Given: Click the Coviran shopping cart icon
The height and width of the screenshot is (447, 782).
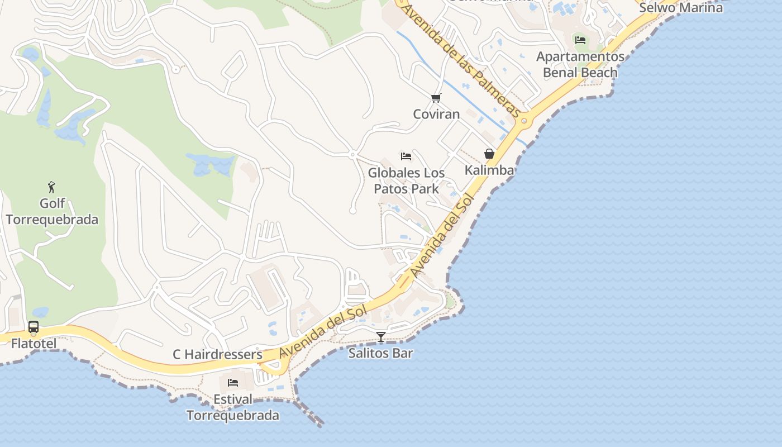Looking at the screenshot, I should pyautogui.click(x=436, y=98).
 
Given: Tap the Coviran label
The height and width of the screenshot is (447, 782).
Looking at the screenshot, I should pyautogui.click(x=436, y=114).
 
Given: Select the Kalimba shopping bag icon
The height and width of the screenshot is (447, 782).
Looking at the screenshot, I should pyautogui.click(x=489, y=154).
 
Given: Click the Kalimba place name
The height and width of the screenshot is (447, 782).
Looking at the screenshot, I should pyautogui.click(x=489, y=170).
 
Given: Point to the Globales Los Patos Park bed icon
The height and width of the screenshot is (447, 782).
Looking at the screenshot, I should pyautogui.click(x=406, y=156).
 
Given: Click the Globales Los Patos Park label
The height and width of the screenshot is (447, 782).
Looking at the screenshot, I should pyautogui.click(x=406, y=180).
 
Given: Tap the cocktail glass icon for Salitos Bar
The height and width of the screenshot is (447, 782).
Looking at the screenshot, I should pyautogui.click(x=381, y=336).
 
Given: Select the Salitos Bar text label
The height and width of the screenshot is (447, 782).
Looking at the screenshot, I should pyautogui.click(x=381, y=353).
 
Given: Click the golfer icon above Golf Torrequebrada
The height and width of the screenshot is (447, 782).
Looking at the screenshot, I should pyautogui.click(x=52, y=187).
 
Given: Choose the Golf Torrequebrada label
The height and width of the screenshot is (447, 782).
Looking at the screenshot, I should pyautogui.click(x=52, y=211).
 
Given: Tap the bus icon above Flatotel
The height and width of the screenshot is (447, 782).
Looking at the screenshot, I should pyautogui.click(x=34, y=327).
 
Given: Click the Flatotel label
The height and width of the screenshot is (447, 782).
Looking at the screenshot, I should pyautogui.click(x=34, y=343).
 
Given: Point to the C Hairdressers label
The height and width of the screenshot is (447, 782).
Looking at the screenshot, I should pyautogui.click(x=217, y=354).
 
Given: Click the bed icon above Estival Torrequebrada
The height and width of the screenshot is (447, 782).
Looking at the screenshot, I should pyautogui.click(x=233, y=383).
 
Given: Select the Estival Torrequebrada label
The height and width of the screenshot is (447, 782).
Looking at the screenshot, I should pyautogui.click(x=233, y=407).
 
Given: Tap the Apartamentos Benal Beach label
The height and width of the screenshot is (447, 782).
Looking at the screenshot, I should pyautogui.click(x=580, y=64).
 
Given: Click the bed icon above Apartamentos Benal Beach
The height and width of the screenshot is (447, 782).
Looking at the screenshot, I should pyautogui.click(x=580, y=40).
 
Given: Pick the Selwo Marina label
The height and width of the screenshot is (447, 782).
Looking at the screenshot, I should pyautogui.click(x=681, y=8).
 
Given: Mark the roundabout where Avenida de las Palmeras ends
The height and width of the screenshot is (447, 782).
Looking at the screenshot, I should pyautogui.click(x=524, y=121).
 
